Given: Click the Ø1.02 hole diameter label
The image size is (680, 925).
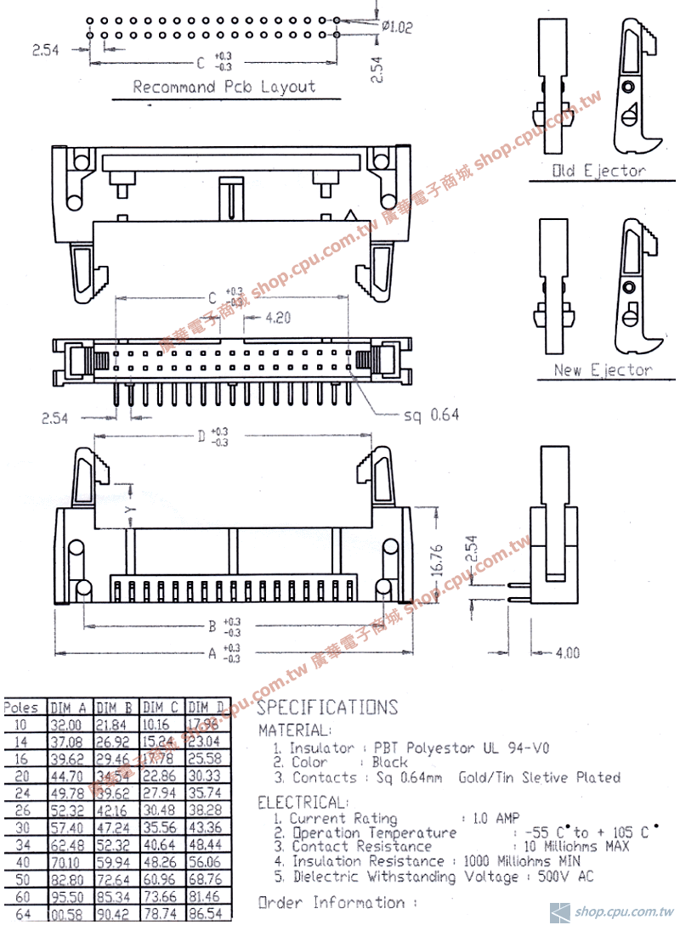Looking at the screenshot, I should pos(397,27).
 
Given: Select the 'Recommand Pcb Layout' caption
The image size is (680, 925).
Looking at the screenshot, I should pos(224,87).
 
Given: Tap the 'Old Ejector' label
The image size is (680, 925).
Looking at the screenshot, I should pos(599,171).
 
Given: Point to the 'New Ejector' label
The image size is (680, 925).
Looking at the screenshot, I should pos(603,370).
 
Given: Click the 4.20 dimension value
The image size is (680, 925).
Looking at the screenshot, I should pos(278,319).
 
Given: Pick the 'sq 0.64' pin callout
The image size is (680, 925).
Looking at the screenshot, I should pos(431,415).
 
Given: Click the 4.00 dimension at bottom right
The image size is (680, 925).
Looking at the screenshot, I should pos(567,653).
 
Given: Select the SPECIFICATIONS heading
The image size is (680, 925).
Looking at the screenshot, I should pos(327,708).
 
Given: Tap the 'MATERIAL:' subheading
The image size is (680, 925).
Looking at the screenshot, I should pos(293,730).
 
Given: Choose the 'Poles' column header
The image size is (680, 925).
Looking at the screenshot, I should pos(21,708).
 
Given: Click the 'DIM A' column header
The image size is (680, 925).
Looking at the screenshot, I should pos(69,708).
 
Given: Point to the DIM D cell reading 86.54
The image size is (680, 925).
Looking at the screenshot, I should pos(206,915).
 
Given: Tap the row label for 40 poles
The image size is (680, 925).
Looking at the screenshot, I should pos(21,862).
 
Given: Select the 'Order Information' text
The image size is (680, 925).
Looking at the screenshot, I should pos(337,903).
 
